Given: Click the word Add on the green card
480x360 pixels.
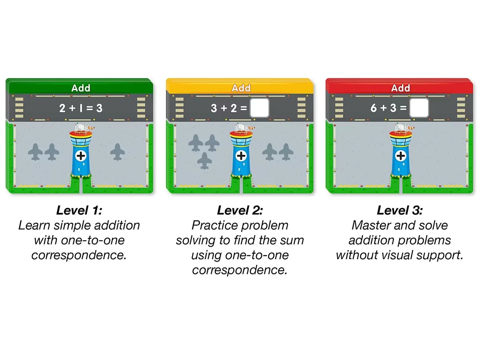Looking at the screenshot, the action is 81,88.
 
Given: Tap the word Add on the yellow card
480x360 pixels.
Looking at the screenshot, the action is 241,88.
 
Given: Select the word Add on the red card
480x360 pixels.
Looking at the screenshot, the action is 400,88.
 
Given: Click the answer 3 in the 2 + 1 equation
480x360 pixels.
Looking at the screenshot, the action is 100,108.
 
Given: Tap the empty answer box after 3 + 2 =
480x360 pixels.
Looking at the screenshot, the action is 259,108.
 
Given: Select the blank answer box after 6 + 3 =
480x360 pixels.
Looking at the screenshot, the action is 419,108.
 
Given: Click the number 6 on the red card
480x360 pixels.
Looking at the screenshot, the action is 374,108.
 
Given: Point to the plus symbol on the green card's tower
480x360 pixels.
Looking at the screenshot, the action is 81,156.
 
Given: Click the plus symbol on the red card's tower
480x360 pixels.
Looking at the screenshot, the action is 401,156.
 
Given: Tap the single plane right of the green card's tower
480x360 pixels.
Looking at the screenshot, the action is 118,152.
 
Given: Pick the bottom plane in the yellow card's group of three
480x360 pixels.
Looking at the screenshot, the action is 204,161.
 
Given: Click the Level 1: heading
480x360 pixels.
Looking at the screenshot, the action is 79,210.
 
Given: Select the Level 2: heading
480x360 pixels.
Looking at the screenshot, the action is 240,210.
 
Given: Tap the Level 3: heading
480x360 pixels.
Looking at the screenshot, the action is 400,210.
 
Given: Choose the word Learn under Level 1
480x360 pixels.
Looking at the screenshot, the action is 34,225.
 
